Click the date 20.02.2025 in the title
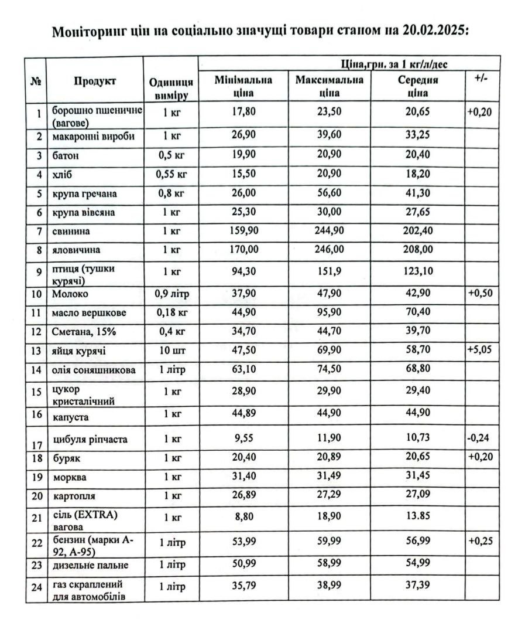436,31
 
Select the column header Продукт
95,81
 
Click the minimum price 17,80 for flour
243,111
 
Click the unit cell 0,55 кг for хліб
171,174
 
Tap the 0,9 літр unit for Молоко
171,293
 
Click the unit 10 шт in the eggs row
171,351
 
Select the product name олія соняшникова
94,370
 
